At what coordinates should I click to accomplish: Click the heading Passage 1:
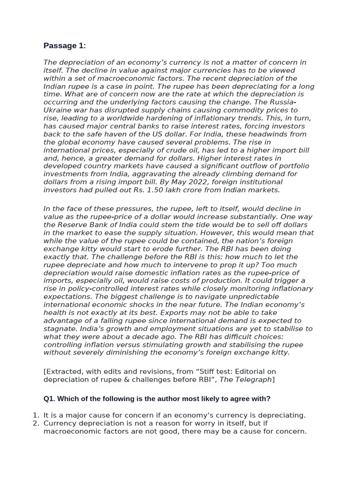point(65,45)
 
